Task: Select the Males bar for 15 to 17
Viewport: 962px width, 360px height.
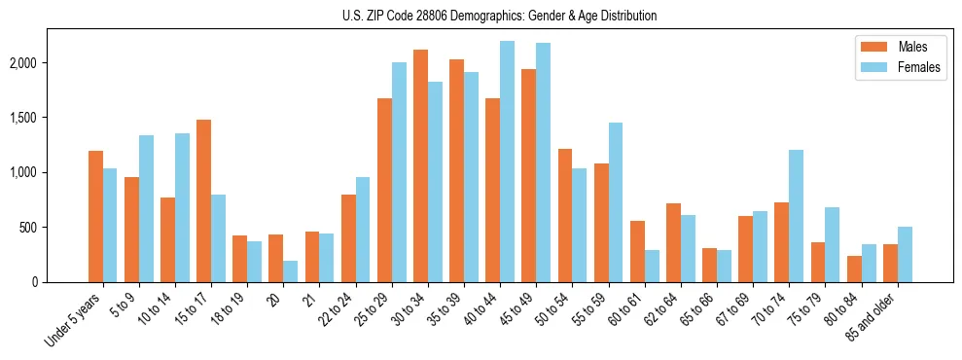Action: [203, 200]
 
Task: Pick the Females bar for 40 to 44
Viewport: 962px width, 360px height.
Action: [507, 162]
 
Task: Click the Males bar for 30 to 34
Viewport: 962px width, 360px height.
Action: [420, 165]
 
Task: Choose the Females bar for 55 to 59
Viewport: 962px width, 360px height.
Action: [615, 202]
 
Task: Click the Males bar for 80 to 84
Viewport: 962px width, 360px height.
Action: [854, 270]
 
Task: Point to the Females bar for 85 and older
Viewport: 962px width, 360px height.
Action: [905, 255]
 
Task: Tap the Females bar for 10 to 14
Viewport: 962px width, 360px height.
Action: [182, 208]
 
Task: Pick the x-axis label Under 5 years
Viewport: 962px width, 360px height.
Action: [73, 321]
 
